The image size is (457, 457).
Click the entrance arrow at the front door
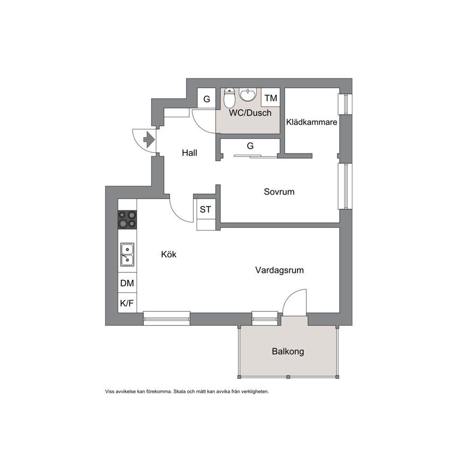(x=149, y=140)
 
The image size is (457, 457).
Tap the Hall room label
(x=189, y=153)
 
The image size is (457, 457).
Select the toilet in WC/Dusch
(x=229, y=98)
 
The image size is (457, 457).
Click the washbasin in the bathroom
(x=247, y=95)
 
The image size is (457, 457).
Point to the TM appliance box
(x=270, y=98)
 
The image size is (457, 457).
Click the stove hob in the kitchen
(x=127, y=219)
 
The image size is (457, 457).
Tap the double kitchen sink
(x=127, y=254)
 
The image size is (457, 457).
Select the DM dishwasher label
(x=127, y=283)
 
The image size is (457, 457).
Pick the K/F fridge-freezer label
(x=127, y=303)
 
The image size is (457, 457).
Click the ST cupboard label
(x=205, y=209)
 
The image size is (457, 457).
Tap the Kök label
(x=169, y=254)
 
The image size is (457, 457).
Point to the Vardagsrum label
(x=280, y=270)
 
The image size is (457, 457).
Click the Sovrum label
(x=279, y=192)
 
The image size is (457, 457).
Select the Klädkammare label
(x=311, y=122)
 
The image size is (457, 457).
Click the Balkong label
(x=288, y=352)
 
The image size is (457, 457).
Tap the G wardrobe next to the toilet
(x=207, y=99)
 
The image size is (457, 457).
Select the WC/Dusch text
(x=250, y=113)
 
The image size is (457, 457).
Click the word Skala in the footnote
(x=179, y=392)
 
